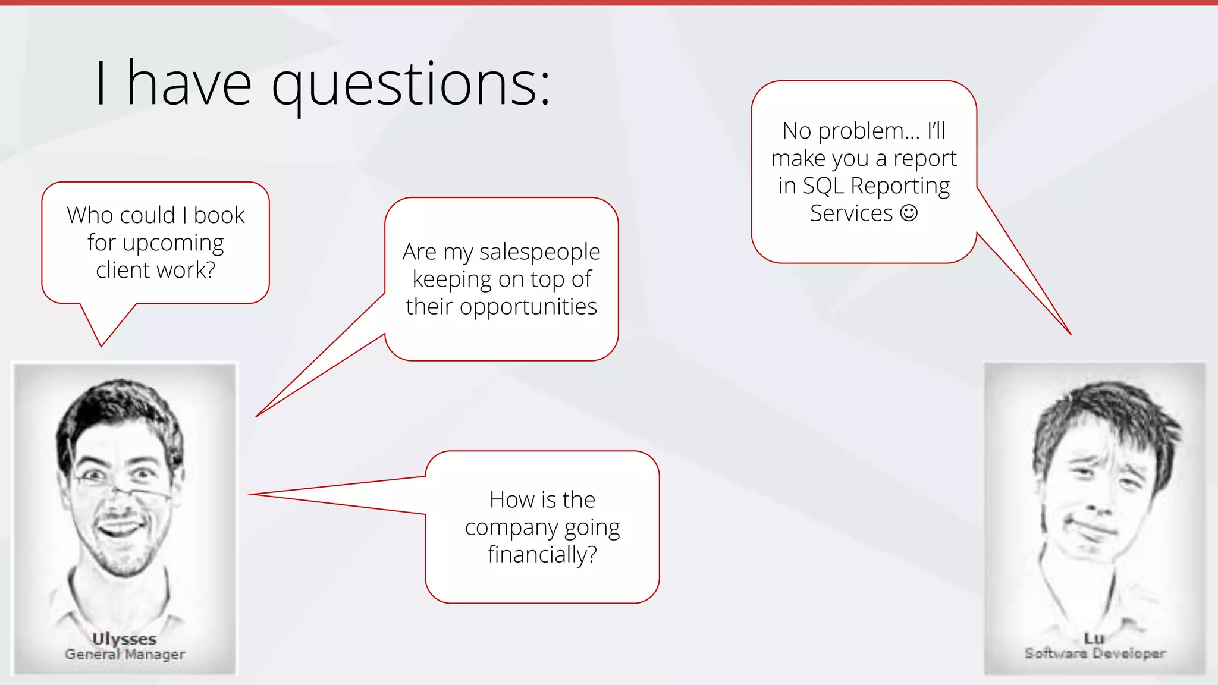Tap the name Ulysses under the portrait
coord(124,639)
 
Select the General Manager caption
coord(125,654)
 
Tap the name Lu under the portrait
coord(1094,638)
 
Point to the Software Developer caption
coord(1095,653)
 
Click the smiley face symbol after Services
coord(909,213)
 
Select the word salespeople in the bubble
coord(539,252)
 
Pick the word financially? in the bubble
coord(542,554)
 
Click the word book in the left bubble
coord(219,215)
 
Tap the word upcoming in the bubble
coord(172,243)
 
